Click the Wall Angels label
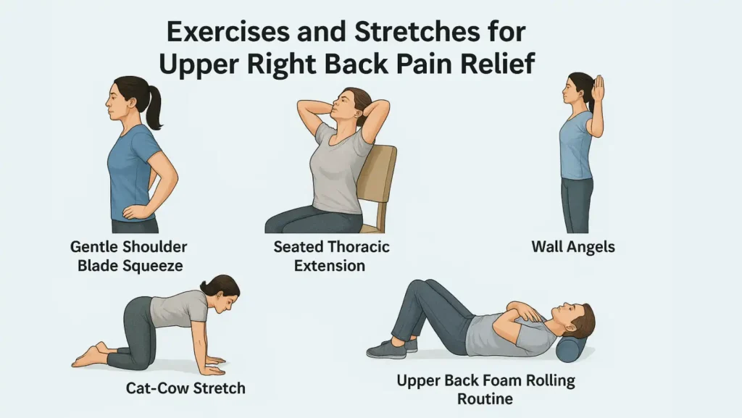tap(572, 246)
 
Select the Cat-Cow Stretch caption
tap(185, 388)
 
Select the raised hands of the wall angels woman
tap(599, 91)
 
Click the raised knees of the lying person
tap(418, 286)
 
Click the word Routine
tap(485, 398)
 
